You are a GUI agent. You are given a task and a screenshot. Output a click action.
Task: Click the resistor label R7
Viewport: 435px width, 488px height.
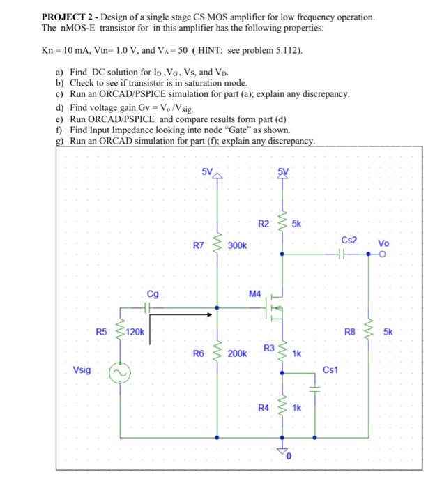[199, 245]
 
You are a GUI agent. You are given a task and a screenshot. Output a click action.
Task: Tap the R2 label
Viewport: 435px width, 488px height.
[263, 224]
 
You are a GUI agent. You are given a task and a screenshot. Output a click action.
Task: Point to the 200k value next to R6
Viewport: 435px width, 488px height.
[237, 354]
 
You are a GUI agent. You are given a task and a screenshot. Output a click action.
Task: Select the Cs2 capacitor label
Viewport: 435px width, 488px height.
[349, 239]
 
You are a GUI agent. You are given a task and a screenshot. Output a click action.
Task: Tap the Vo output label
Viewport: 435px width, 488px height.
[384, 243]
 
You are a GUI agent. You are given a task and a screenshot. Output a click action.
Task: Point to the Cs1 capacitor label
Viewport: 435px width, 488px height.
[330, 369]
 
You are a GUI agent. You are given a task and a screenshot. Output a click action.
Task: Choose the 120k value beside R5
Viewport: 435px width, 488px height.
[135, 333]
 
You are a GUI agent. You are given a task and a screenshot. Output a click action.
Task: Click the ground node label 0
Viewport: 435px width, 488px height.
[293, 456]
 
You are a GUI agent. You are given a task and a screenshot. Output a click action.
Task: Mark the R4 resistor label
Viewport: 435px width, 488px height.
[263, 406]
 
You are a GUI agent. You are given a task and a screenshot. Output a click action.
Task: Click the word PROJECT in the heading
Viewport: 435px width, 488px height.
[63, 16]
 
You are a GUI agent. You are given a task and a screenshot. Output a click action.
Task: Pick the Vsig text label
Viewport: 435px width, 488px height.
[82, 370]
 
